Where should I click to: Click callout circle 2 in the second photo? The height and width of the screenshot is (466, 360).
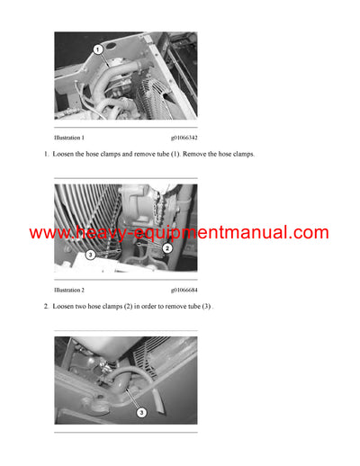166,247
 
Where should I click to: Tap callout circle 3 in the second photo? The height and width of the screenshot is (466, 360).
91,255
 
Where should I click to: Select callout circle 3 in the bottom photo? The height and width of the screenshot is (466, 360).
140,412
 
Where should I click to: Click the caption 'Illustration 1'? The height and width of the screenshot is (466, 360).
69,138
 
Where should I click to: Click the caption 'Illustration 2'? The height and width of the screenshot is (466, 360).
69,291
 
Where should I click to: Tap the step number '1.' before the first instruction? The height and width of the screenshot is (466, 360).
46,155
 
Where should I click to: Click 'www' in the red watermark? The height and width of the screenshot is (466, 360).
47,233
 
